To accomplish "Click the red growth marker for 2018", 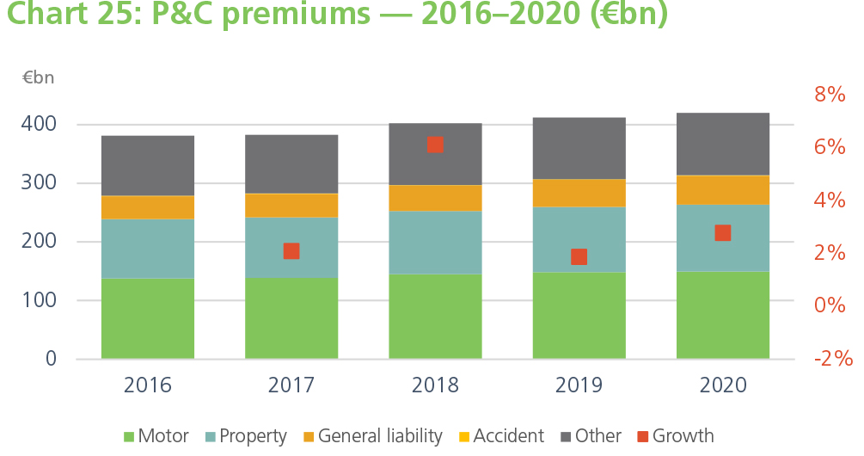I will (x=435, y=145).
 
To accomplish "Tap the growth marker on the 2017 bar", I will (x=291, y=251).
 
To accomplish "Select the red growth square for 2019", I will (x=579, y=256).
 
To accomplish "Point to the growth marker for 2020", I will (x=723, y=233).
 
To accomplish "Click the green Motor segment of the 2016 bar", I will (x=147, y=317).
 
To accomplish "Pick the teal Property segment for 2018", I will (x=435, y=243).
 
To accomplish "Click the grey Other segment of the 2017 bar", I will (x=291, y=164).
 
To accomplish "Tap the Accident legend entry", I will (x=499, y=436).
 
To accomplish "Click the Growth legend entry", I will (x=675, y=436).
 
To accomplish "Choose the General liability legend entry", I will (x=371, y=436).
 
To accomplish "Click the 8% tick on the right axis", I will (x=830, y=95).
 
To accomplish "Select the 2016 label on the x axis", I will (x=147, y=385).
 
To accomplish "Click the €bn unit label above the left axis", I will (x=38, y=77).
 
